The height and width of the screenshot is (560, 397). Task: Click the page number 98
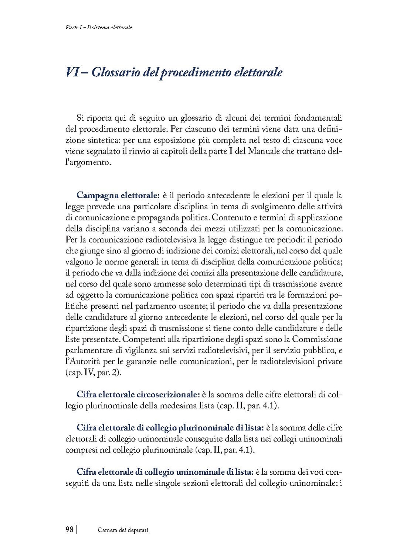[x=69, y=530]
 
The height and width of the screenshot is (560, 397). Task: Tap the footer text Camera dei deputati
[x=123, y=530]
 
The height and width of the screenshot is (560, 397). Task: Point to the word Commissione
[x=318, y=339]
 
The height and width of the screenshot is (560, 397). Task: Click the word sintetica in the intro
[x=109, y=140]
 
